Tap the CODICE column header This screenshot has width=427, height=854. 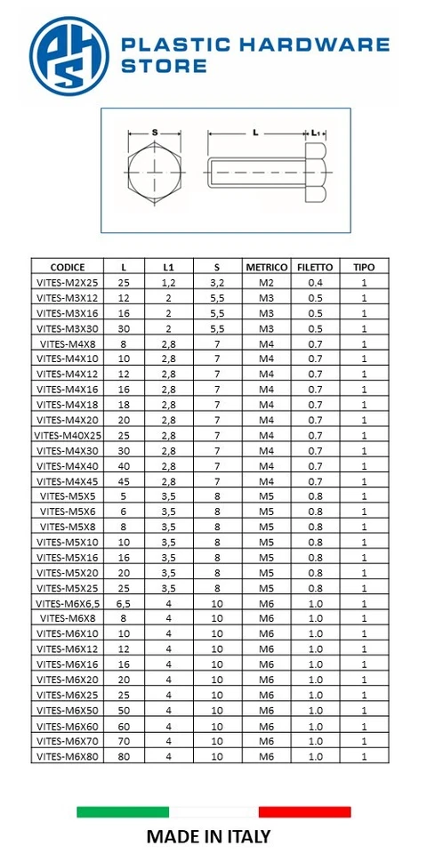(x=68, y=267)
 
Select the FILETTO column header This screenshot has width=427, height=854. (x=314, y=267)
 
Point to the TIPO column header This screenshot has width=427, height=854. (x=364, y=267)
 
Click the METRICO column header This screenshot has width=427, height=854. (x=266, y=267)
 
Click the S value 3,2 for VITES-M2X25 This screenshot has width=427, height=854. (x=216, y=282)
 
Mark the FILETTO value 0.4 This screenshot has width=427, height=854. (x=314, y=282)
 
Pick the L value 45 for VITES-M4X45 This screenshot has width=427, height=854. (x=124, y=481)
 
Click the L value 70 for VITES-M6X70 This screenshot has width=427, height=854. (x=124, y=741)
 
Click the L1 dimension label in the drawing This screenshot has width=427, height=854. (x=315, y=133)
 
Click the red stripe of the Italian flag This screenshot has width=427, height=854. (x=304, y=811)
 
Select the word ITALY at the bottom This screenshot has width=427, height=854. (x=246, y=836)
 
